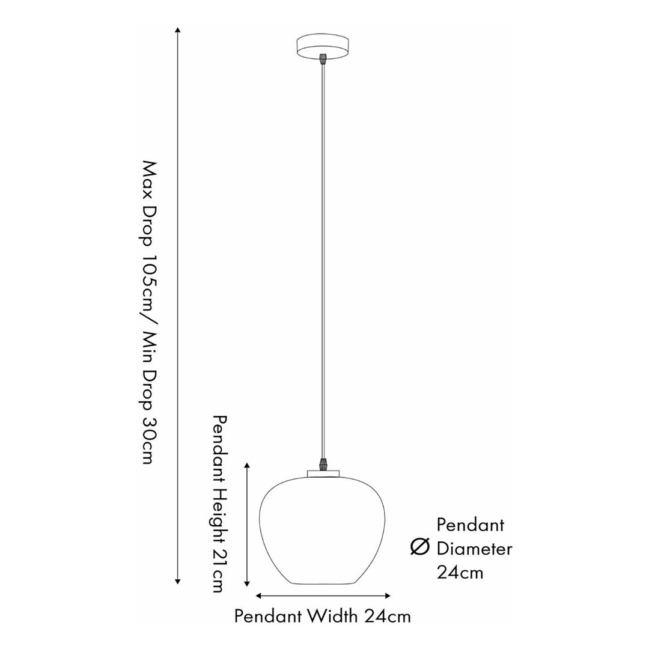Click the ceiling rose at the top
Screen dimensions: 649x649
[x=323, y=46]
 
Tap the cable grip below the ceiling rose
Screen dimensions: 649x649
[x=323, y=58]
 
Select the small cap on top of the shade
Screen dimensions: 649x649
[x=323, y=474]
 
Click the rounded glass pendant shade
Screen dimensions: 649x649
[x=322, y=531]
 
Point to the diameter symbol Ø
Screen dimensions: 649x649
[x=419, y=547]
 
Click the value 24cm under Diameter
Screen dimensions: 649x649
[x=460, y=573]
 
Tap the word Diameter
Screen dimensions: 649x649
[x=474, y=549]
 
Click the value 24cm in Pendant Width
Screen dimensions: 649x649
[x=388, y=617]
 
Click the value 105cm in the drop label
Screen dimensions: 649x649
[x=149, y=280]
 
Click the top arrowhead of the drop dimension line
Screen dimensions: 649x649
[x=177, y=30]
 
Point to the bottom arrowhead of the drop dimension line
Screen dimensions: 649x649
[x=177, y=581]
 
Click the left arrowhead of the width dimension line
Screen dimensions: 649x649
[x=258, y=596]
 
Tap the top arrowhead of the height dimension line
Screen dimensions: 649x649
[x=247, y=466]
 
